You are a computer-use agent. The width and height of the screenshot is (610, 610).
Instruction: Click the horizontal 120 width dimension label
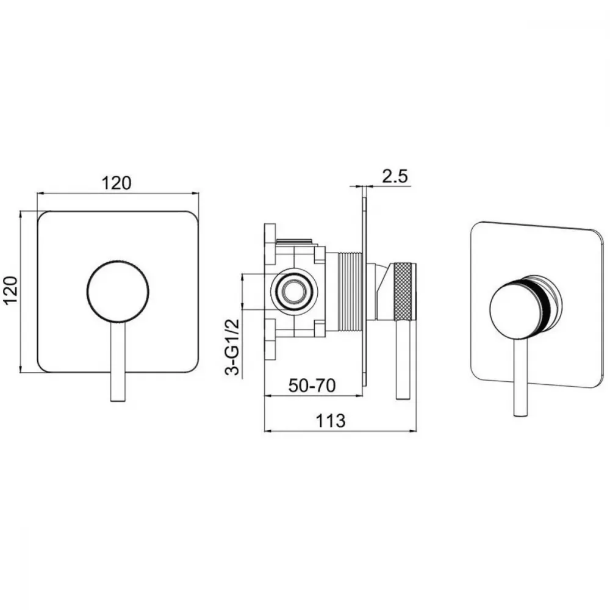point(117,183)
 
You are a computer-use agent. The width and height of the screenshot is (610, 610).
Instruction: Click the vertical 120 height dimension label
point(10,290)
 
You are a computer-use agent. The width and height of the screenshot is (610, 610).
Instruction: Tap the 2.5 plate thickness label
point(395,176)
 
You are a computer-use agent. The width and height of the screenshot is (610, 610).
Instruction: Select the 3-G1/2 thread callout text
point(232,348)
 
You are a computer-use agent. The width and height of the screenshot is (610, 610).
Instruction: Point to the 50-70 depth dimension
point(312,386)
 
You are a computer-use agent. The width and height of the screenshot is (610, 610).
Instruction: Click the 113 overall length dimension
point(330,420)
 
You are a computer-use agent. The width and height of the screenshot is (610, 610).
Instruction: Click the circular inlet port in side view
point(294,291)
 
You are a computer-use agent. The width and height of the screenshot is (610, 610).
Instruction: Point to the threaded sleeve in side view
point(351,292)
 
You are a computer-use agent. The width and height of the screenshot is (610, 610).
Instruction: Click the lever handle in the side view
point(403,361)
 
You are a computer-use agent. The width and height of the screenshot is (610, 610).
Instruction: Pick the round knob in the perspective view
point(515,309)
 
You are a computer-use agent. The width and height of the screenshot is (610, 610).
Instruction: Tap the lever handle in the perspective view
point(521,376)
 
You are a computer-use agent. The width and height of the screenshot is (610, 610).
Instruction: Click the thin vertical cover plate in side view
point(365,292)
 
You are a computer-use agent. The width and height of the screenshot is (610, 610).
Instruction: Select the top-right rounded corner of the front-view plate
point(193,217)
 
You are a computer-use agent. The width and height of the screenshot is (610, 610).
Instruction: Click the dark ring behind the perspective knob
point(544,306)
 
